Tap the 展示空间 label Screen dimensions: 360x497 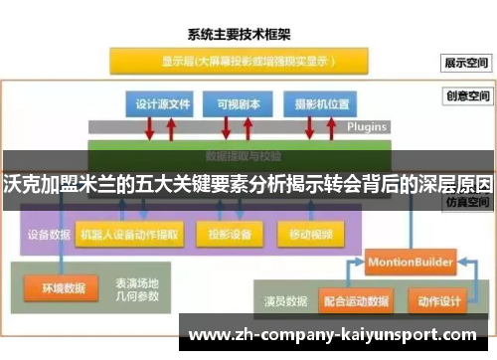coord(467,62)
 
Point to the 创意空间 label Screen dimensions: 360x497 coord(467,96)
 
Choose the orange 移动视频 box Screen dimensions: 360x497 coord(311,235)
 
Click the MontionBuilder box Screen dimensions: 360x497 coord(410,262)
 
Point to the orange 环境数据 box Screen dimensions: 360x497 coord(62,288)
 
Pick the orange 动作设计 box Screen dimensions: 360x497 coord(439,299)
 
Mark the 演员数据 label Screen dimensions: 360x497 coord(281,299)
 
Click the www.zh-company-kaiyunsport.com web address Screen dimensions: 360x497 coord(332,334)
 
